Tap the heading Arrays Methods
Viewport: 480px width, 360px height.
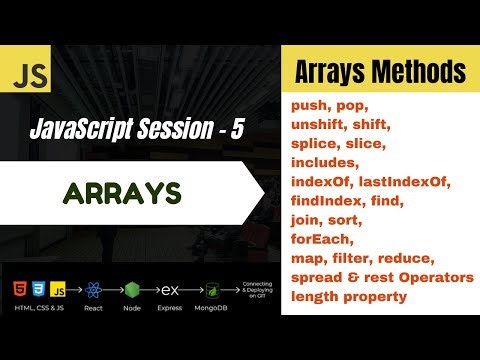379,72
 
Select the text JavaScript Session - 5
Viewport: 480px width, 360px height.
137,127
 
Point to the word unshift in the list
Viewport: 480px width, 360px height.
320,124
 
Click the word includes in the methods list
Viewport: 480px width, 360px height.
322,162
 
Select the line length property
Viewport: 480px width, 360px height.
350,295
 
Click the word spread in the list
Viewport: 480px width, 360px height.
315,276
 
